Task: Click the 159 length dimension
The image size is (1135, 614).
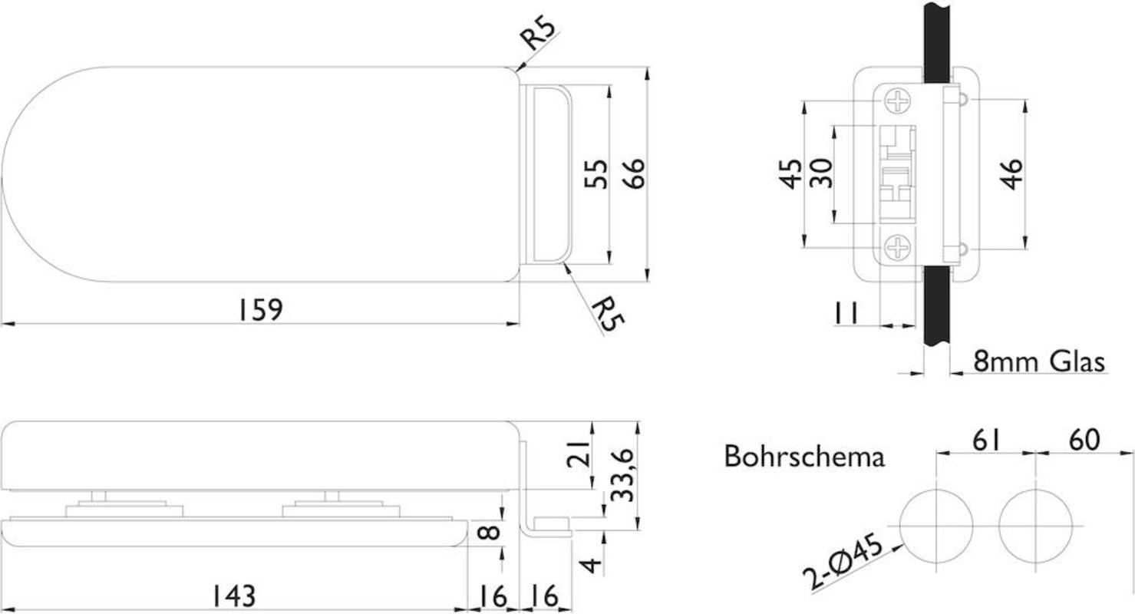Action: (x=260, y=309)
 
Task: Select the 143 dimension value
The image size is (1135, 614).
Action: (x=233, y=596)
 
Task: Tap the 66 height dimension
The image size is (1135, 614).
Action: (x=634, y=173)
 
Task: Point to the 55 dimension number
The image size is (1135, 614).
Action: (x=596, y=173)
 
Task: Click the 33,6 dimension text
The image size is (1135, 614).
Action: (x=622, y=475)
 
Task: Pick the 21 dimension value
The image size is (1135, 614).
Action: (x=578, y=453)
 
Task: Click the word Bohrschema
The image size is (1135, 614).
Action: (x=804, y=457)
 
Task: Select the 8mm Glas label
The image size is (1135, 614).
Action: (x=1039, y=361)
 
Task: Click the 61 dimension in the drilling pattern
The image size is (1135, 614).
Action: (x=987, y=440)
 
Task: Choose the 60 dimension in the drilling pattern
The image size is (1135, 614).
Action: (x=1084, y=440)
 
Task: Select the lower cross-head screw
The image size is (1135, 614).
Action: (x=897, y=248)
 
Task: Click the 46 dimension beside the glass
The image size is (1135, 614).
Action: (x=1012, y=174)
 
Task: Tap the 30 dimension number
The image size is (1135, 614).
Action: (x=820, y=173)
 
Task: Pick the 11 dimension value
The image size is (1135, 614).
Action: (x=846, y=312)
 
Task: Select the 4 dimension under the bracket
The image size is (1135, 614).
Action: (x=591, y=565)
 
